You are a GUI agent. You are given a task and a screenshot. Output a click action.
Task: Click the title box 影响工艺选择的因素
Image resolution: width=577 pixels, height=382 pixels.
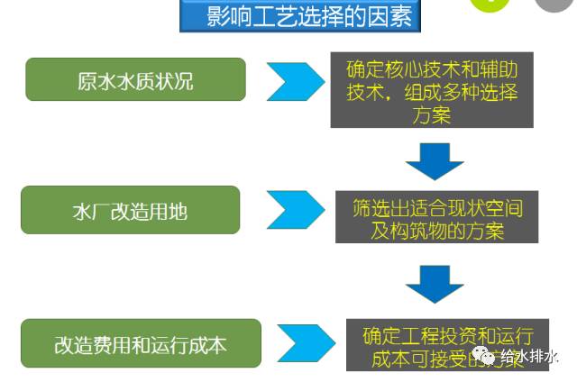click(299, 16)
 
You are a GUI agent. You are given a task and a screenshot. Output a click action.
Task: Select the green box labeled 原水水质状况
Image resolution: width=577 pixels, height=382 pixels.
click(135, 79)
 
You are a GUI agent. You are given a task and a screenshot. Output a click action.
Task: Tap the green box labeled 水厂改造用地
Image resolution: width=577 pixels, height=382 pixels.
click(130, 211)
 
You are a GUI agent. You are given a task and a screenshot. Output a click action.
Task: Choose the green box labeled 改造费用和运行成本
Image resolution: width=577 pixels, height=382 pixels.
click(141, 343)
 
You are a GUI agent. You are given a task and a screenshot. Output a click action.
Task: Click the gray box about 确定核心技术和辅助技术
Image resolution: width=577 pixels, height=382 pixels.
click(431, 89)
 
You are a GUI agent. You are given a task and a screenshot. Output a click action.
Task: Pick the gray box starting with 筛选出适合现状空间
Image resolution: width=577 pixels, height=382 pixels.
click(437, 217)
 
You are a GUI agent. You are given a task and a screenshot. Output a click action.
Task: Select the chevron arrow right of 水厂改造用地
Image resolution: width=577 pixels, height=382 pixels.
click(292, 210)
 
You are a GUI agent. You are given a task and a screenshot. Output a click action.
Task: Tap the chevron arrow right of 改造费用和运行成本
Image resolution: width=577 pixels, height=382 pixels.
click(301, 343)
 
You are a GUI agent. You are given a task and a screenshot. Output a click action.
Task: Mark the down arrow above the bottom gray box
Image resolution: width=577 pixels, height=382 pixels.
click(434, 283)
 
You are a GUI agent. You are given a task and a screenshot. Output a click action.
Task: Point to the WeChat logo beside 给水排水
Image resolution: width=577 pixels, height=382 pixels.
click(487, 356)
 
